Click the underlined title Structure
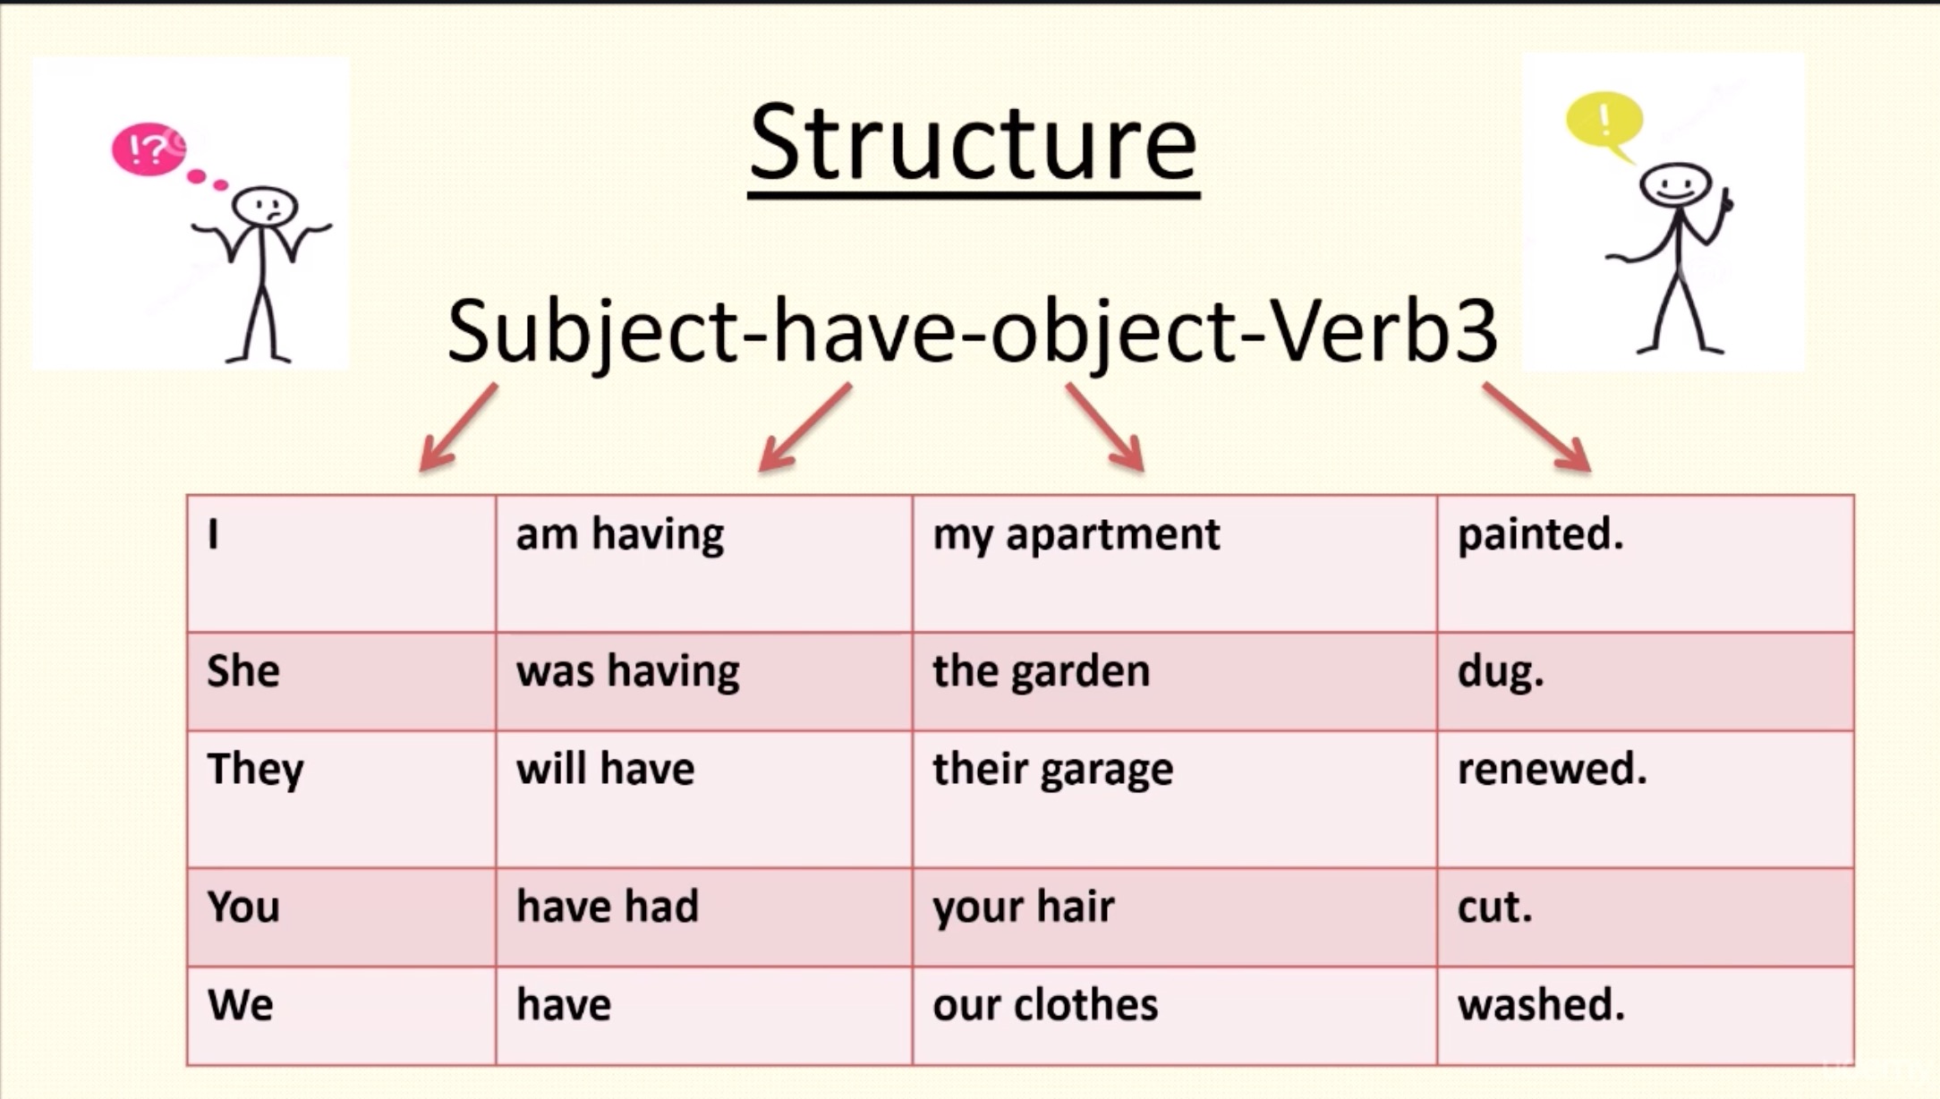pos(974,143)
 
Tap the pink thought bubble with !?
pos(147,149)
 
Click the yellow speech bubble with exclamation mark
pos(1604,120)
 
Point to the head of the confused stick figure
pos(264,206)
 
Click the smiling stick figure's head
pos(1675,184)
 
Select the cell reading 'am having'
pos(620,535)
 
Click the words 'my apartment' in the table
pos(1076,535)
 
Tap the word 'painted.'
pos(1540,535)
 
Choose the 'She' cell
pos(243,671)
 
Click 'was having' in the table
pos(628,671)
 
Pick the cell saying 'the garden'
pos(1041,671)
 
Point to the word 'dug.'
pos(1501,671)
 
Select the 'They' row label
pos(256,770)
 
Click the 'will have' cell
pos(606,770)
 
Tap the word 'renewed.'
pos(1552,770)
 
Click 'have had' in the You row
pos(608,907)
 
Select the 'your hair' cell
pos(1024,907)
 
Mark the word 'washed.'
pos(1541,1004)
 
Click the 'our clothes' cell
pos(1045,1004)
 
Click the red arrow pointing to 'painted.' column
pos(1537,428)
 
